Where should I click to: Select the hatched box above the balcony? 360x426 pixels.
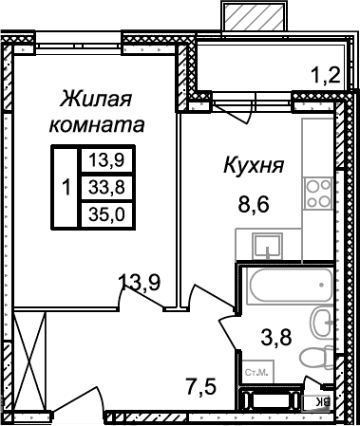pyautogui.click(x=252, y=16)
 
